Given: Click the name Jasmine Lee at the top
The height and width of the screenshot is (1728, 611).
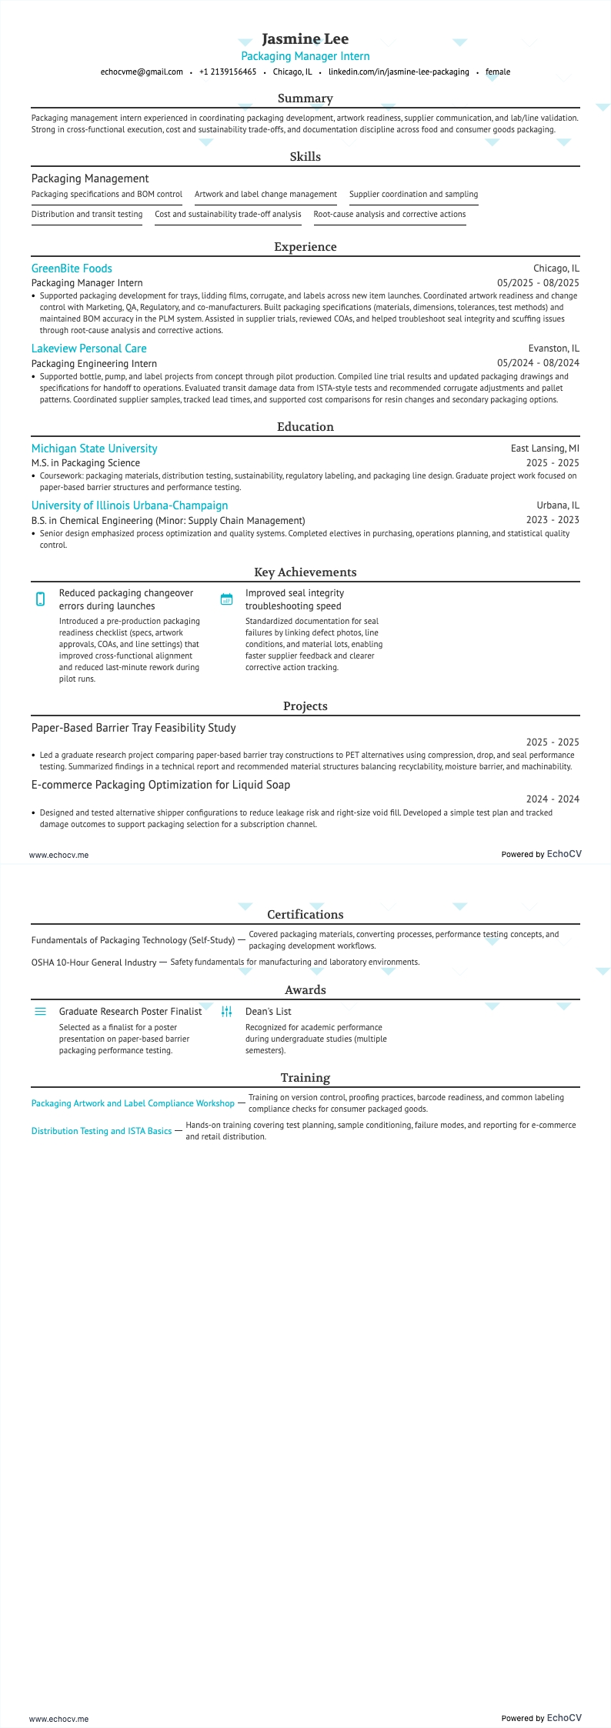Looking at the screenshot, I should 305,38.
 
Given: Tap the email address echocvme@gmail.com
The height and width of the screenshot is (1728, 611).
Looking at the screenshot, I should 142,72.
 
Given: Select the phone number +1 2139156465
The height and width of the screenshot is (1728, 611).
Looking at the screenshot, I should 228,72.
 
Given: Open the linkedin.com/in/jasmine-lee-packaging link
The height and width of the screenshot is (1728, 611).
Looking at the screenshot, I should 399,72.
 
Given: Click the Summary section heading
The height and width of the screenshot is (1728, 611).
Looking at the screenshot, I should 305,98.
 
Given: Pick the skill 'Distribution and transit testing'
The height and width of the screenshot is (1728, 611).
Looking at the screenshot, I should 87,214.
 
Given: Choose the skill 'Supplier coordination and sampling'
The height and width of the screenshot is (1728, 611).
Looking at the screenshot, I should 413,194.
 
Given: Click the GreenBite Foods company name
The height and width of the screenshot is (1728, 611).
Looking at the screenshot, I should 72,269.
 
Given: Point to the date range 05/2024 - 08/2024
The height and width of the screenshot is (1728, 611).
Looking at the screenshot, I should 538,363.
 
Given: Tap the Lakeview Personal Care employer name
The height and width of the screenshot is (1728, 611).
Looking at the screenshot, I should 88,349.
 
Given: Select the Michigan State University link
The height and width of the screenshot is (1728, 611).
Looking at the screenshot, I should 94,449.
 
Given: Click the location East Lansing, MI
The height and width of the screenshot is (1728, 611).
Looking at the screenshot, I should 545,449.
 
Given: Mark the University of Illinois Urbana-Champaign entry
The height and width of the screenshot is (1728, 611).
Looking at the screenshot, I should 129,505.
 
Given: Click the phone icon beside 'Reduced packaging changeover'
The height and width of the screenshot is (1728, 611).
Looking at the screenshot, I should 41,599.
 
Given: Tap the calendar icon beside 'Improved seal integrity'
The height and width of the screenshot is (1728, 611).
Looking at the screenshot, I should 226,599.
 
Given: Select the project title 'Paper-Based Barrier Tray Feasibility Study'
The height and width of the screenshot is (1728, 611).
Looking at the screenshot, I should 133,728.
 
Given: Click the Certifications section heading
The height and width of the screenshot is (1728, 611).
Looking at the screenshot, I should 305,915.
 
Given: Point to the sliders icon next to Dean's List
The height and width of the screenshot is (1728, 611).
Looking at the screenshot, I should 226,1012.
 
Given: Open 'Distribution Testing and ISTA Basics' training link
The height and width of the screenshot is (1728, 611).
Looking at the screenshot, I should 102,1131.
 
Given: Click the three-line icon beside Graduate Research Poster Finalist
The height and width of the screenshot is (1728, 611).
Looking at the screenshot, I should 41,1012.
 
